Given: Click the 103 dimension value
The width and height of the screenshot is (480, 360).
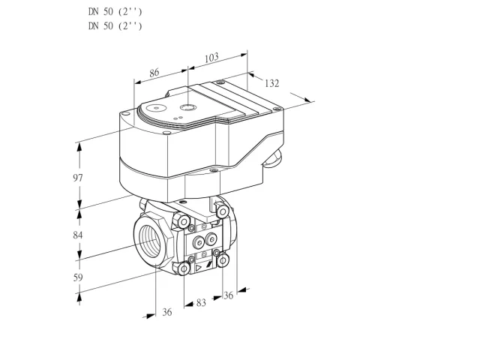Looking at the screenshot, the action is click(x=211, y=58).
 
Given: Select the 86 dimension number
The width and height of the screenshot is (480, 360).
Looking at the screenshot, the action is click(x=154, y=73).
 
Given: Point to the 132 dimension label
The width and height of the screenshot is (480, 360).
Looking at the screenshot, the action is click(x=271, y=83).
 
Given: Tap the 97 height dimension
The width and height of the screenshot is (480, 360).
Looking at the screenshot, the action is click(x=78, y=178).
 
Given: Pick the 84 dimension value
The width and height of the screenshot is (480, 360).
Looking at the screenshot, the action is click(x=78, y=235).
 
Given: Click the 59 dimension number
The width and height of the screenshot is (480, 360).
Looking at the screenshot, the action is click(x=78, y=277).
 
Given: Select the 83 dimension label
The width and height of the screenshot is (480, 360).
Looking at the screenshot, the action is click(x=201, y=303).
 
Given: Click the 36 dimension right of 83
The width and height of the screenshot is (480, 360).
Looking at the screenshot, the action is click(x=228, y=295).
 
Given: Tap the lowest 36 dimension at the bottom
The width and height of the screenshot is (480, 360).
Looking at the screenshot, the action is click(x=167, y=312).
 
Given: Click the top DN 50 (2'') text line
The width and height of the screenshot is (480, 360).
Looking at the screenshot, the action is click(x=115, y=12).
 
